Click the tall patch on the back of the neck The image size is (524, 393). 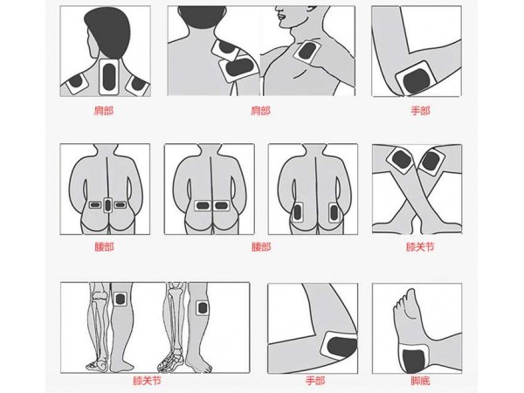pyautogui.click(x=108, y=76)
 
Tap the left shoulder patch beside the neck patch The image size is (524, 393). pyautogui.click(x=76, y=83)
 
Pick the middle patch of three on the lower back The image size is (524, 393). pyautogui.click(x=107, y=205)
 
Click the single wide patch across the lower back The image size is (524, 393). pyautogui.click(x=212, y=206)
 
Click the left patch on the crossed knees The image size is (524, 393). pyautogui.click(x=401, y=161)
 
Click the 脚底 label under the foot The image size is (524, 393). pyautogui.click(x=419, y=382)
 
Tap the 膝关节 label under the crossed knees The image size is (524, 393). pyautogui.click(x=419, y=247)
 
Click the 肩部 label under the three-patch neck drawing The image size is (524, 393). pyautogui.click(x=103, y=111)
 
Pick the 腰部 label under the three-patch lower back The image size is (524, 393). pyautogui.click(x=103, y=247)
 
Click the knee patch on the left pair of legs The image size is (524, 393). pyautogui.click(x=121, y=299)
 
